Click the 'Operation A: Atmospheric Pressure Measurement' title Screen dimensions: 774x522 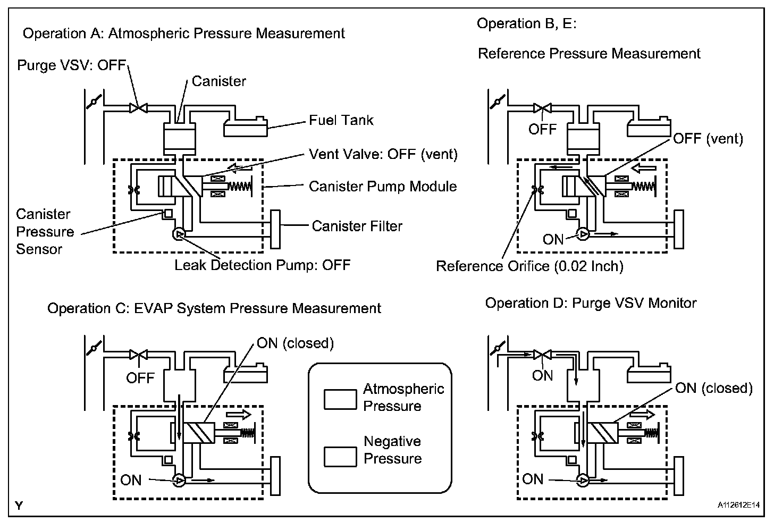point(184,34)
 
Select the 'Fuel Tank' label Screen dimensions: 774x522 point(341,120)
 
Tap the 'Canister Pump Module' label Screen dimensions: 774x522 point(383,186)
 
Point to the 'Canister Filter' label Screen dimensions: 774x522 point(357,226)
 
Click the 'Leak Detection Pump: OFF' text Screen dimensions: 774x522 point(262,265)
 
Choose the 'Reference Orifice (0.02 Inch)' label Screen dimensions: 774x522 point(529,266)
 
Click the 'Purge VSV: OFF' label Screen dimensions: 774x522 point(72,65)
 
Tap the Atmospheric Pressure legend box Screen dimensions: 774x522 point(340,400)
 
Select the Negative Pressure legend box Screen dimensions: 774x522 point(340,457)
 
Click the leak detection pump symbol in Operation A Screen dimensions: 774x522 point(179,234)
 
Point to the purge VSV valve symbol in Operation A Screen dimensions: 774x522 point(139,108)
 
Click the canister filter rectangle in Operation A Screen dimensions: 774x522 point(275,229)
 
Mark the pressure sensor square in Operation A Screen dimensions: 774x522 point(168,214)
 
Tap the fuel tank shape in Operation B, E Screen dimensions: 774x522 point(649,127)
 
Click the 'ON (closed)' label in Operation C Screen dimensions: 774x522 point(296,343)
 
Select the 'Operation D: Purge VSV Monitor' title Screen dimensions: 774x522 point(591,304)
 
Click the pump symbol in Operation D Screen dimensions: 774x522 point(583,481)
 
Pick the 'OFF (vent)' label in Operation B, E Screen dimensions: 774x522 point(708,139)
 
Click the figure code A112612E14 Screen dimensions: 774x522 point(739,506)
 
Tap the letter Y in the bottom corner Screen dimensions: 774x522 point(19,506)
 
